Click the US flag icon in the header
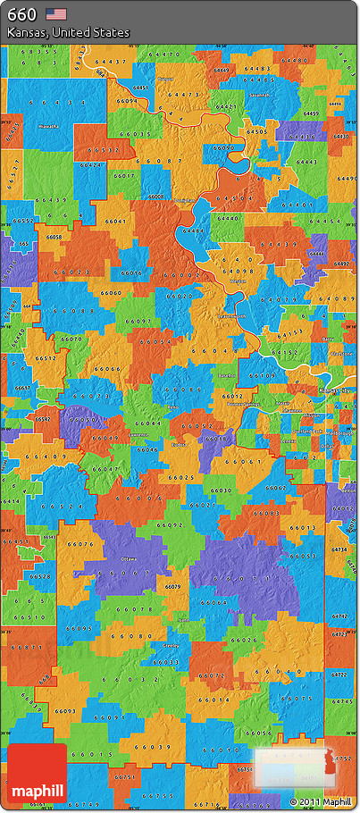click(56, 13)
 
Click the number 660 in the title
click(21, 13)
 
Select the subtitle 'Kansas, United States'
click(68, 32)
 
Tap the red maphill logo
click(37, 775)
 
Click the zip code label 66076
click(80, 543)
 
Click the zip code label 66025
click(180, 478)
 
